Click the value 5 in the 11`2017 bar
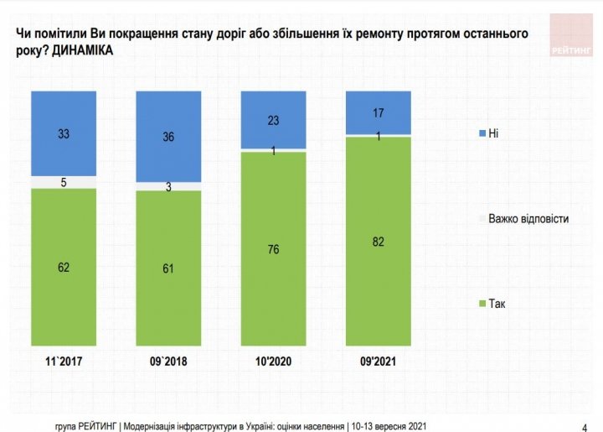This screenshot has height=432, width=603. (64, 182)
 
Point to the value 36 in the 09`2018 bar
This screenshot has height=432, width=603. (168, 137)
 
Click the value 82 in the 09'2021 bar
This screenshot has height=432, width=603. (378, 241)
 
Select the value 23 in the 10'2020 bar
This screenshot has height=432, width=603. (273, 120)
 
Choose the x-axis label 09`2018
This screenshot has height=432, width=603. (168, 362)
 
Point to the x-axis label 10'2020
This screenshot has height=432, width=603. (273, 362)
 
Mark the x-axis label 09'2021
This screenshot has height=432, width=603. (378, 362)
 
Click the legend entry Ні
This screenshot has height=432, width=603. (493, 134)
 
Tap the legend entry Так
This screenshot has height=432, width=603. (497, 303)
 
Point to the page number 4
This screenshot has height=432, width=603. (584, 424)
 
